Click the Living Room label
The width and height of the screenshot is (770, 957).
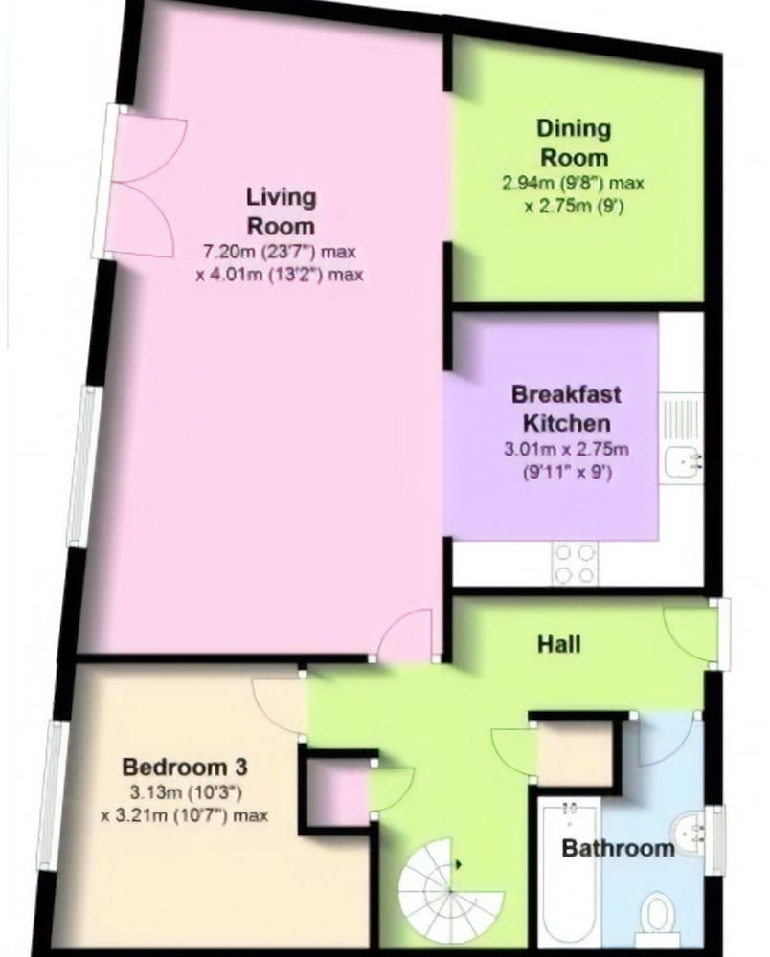point(281,211)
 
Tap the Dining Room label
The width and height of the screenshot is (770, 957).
point(574,143)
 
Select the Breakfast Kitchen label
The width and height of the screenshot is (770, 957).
point(566,409)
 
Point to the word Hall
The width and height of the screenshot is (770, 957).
point(558,644)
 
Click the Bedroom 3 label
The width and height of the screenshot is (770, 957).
point(185,766)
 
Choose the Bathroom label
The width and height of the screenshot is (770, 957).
point(618,848)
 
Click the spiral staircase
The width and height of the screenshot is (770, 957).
point(451,890)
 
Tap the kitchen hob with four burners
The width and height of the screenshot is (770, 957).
point(575,564)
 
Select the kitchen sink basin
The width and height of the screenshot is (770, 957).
point(683,462)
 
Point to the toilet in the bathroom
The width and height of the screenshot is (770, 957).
point(657,918)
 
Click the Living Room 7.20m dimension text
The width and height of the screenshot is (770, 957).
point(279,262)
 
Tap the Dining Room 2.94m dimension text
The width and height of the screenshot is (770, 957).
point(574,194)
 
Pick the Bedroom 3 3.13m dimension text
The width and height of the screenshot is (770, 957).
point(185,804)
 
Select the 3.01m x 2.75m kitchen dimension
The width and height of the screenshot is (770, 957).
point(566,460)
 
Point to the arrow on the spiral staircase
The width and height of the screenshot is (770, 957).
point(458,864)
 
